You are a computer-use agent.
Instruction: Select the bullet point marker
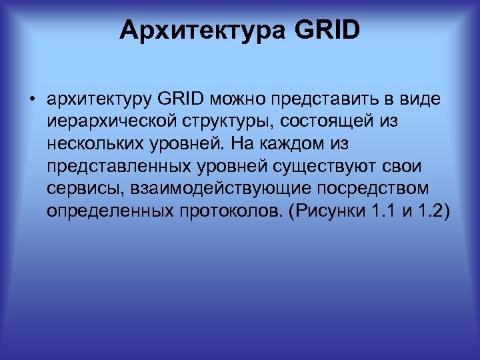tap(31, 101)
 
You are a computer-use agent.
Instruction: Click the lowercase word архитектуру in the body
tap(100, 101)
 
